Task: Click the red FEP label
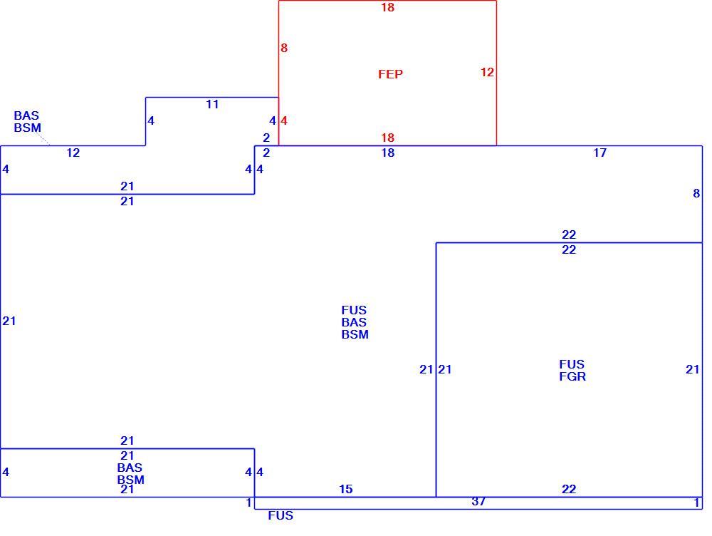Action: pos(390,74)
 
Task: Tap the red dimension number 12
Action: pos(487,72)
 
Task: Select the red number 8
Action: pos(284,48)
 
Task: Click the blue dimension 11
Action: pos(212,104)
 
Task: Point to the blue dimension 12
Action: pos(73,153)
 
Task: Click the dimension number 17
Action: pos(600,153)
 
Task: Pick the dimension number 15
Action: pos(345,489)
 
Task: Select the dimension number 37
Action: pos(478,502)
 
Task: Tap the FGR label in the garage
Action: pos(572,376)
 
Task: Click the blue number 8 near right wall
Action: pos(696,194)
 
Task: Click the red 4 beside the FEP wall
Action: pos(284,120)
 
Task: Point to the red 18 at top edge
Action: pos(387,7)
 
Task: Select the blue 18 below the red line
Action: pos(387,153)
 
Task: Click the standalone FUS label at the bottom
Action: pos(281,515)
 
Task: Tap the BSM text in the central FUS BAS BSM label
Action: pos(355,334)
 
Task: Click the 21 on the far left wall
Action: pos(9,321)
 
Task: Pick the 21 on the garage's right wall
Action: pos(693,370)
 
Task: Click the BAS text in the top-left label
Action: pos(26,115)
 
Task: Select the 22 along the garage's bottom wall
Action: pos(568,489)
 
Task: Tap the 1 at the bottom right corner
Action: pos(696,502)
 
